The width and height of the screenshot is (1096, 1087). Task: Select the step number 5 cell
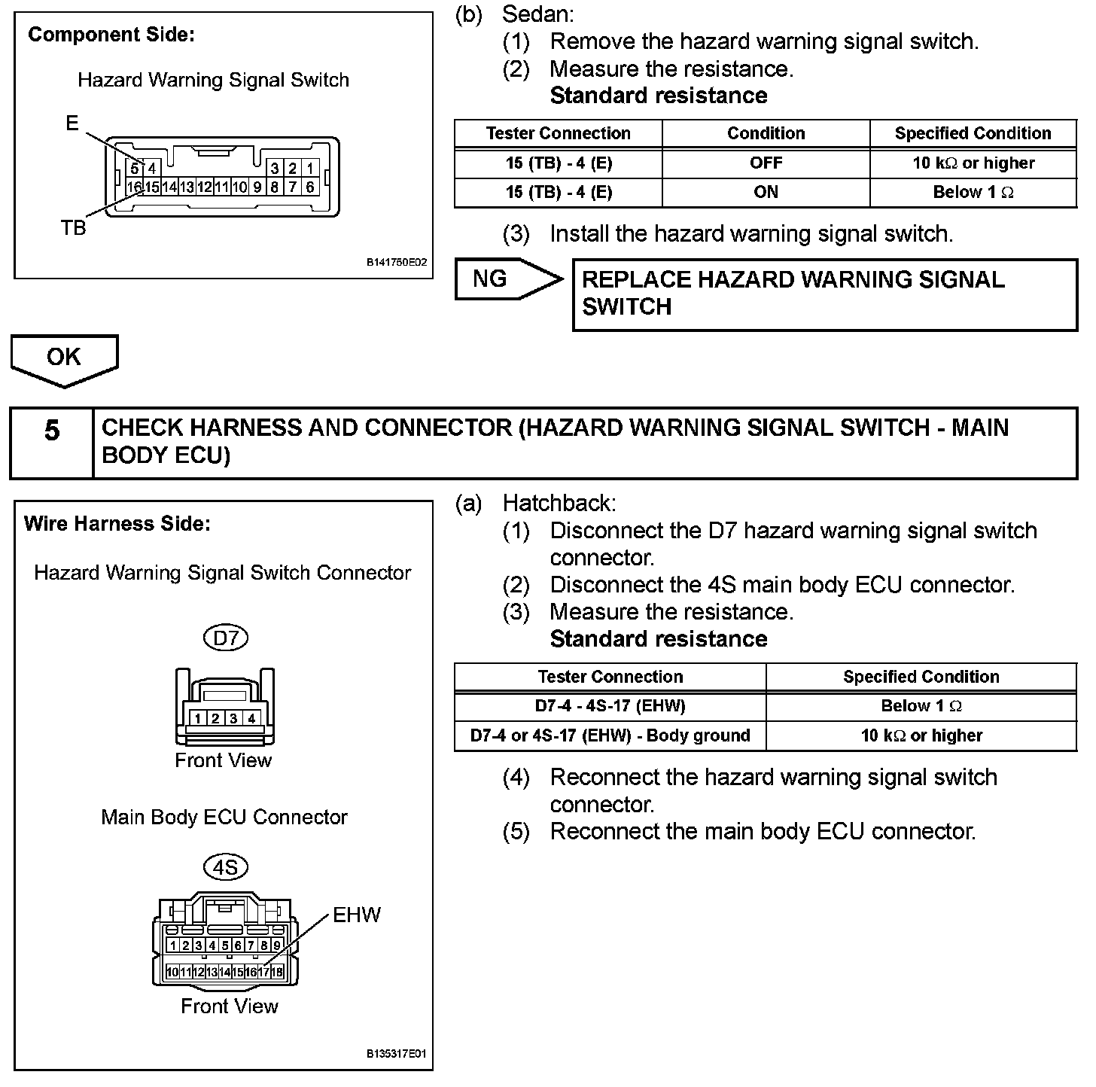(x=51, y=443)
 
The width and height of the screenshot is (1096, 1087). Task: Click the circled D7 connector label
(x=225, y=638)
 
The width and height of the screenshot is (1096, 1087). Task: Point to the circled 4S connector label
(x=225, y=867)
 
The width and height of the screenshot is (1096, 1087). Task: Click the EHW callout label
(x=357, y=915)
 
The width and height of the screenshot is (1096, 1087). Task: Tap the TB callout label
(x=73, y=228)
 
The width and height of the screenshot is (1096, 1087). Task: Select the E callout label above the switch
(x=72, y=123)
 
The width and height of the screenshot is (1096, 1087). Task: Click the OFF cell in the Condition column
(x=766, y=163)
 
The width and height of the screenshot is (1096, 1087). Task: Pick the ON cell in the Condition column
(x=766, y=192)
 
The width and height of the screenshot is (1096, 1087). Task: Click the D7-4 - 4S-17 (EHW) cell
(x=610, y=706)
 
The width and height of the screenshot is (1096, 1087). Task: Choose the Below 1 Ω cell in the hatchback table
(x=921, y=706)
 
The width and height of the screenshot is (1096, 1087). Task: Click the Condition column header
(x=766, y=133)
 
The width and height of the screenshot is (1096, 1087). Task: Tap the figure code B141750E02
(x=396, y=263)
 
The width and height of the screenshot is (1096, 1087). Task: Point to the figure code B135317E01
(x=396, y=1054)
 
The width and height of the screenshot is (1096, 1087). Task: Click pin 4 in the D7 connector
(x=251, y=718)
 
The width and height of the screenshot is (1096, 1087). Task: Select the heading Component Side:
(x=111, y=35)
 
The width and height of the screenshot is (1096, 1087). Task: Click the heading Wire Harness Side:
(x=117, y=524)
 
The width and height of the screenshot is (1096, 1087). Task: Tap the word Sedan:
(x=537, y=14)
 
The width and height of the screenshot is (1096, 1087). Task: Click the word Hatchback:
(x=559, y=503)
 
